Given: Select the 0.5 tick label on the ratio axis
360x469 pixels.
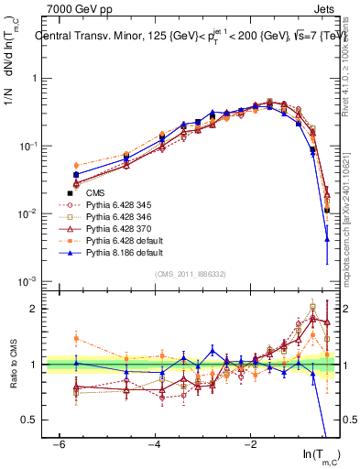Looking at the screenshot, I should click(x=27, y=420).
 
